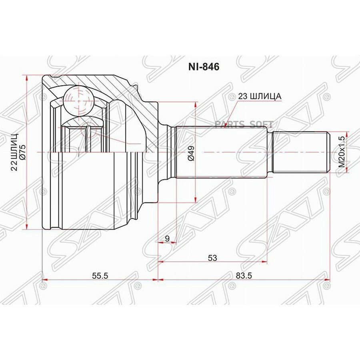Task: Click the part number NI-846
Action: (204, 66)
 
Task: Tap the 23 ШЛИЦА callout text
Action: (260, 96)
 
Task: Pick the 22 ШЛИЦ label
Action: (14, 152)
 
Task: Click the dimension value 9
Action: (167, 238)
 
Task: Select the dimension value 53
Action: (212, 258)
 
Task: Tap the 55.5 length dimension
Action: (100, 276)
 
